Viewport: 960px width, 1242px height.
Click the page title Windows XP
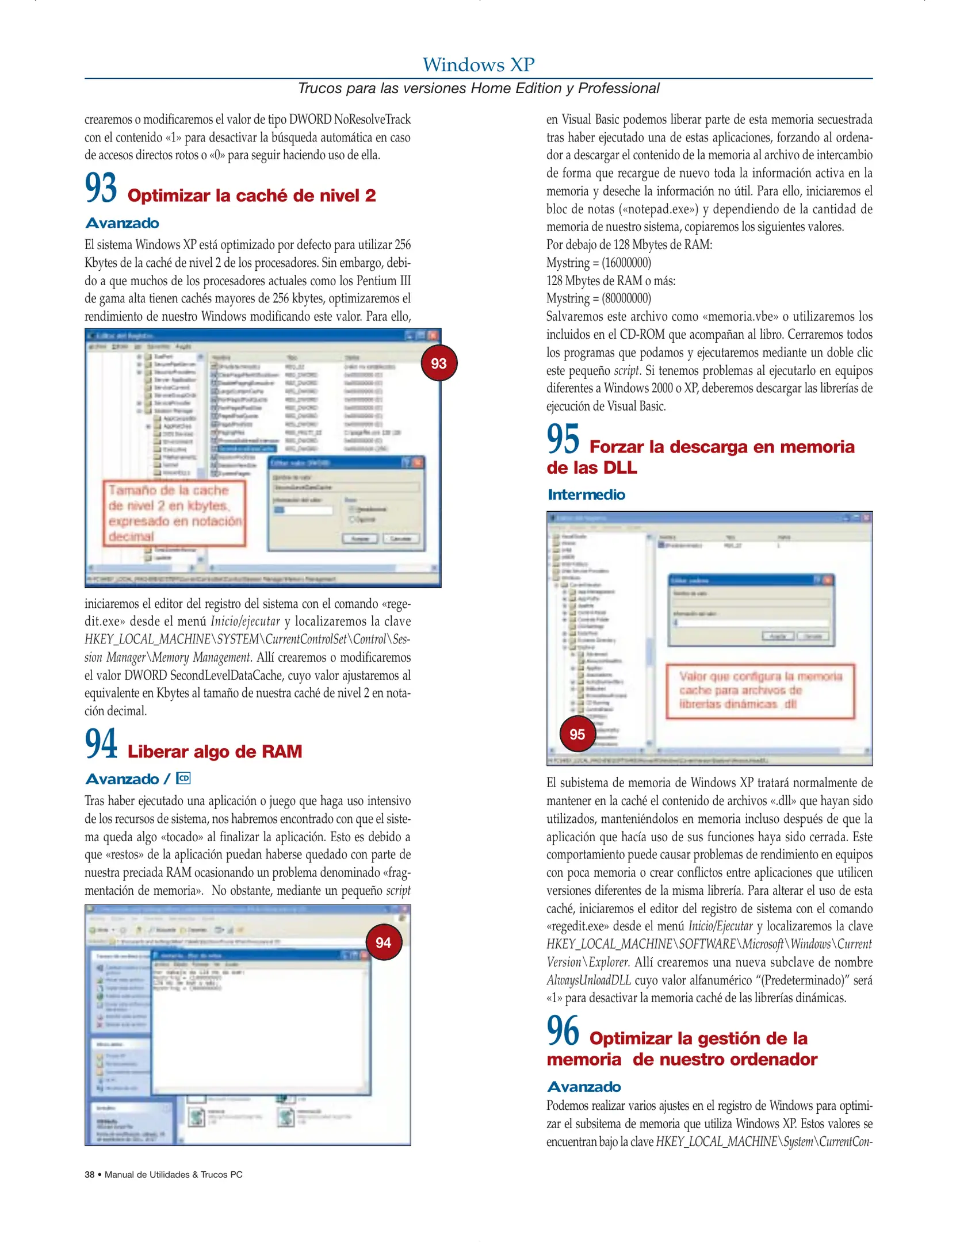click(479, 64)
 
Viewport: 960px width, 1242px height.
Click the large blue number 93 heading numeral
click(101, 188)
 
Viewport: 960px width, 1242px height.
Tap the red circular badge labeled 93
click(439, 363)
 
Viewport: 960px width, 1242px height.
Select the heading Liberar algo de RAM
click(215, 752)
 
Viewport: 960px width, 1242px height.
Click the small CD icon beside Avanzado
click(183, 779)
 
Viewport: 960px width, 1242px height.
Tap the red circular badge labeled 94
click(383, 942)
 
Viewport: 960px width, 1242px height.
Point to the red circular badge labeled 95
click(577, 734)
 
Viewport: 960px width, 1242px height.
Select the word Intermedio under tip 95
click(586, 494)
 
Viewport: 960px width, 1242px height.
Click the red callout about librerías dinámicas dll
click(760, 691)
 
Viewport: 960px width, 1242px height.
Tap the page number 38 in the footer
click(90, 1174)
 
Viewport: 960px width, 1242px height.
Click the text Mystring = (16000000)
click(598, 263)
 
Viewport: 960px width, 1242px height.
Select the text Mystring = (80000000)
click(598, 298)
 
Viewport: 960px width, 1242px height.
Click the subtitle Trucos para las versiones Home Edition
click(479, 89)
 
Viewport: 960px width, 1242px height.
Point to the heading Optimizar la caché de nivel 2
click(251, 195)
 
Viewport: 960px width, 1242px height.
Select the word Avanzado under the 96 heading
click(584, 1087)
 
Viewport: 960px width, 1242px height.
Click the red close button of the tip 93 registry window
click(434, 335)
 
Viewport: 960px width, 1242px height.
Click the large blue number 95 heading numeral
click(563, 440)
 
